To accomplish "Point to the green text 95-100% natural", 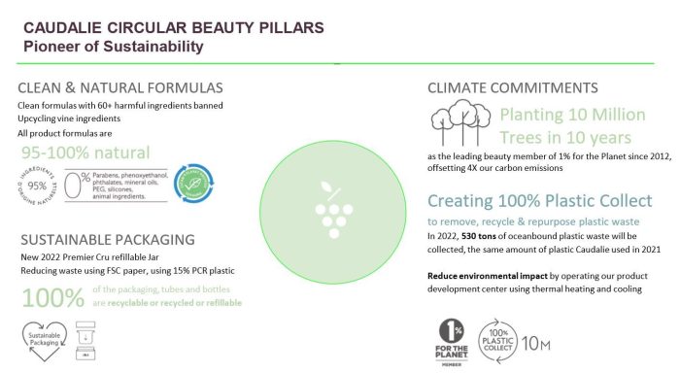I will click(85, 153).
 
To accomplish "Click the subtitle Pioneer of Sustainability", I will click(114, 47).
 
